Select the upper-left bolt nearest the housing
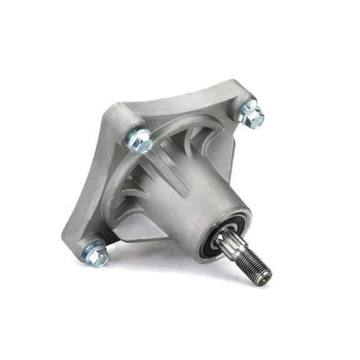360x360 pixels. pyautogui.click(x=141, y=140)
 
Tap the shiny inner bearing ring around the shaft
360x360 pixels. pyautogui.click(x=220, y=236)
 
